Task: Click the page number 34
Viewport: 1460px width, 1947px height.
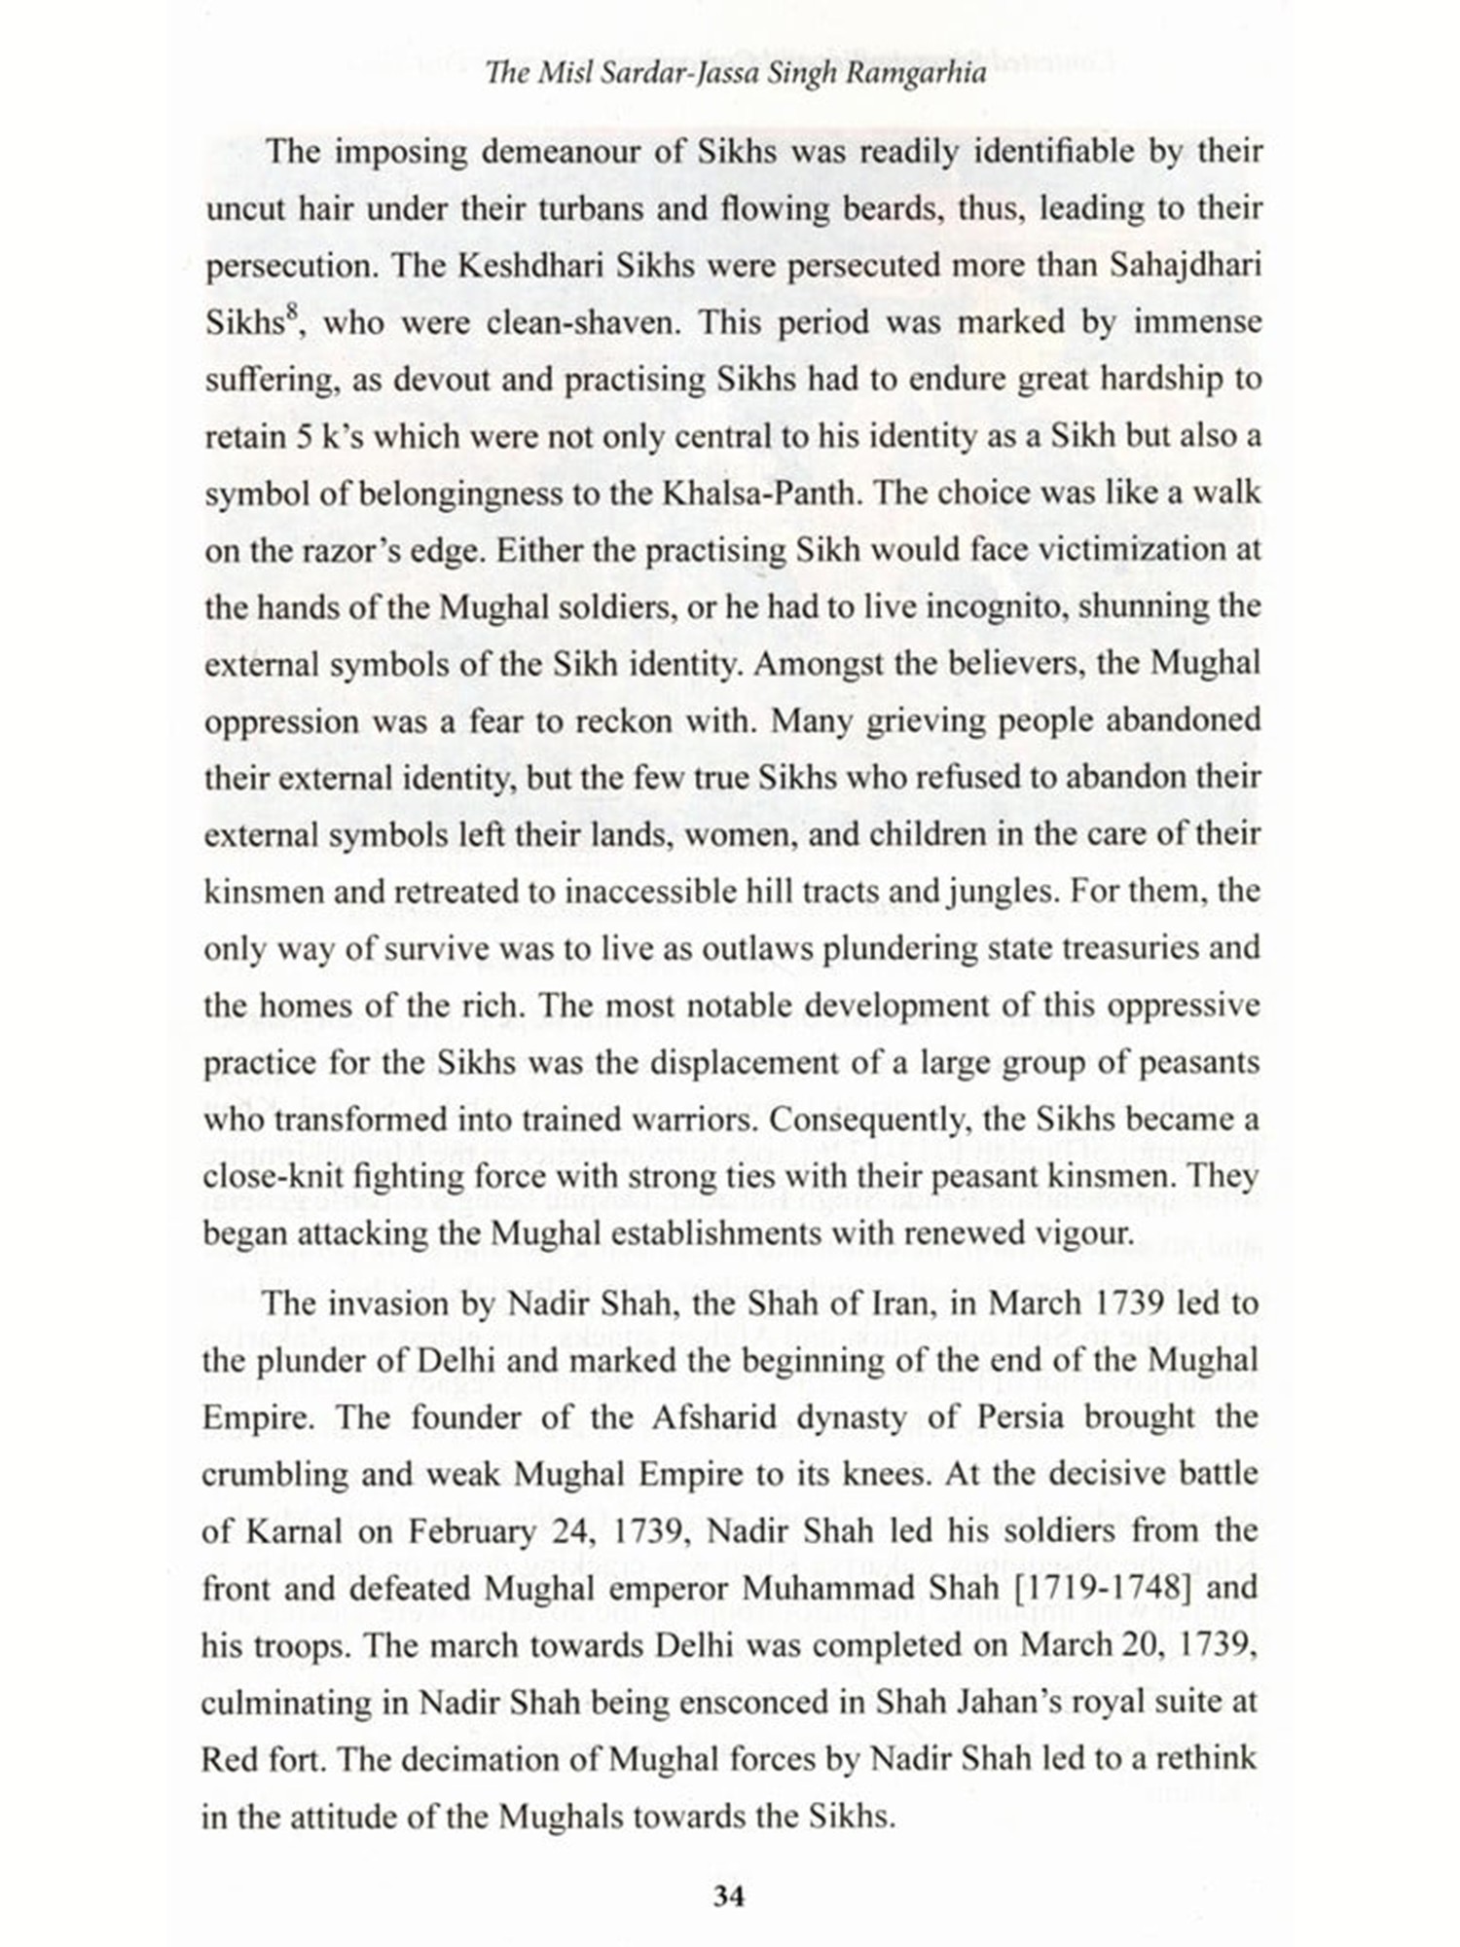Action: pyautogui.click(x=729, y=1895)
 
